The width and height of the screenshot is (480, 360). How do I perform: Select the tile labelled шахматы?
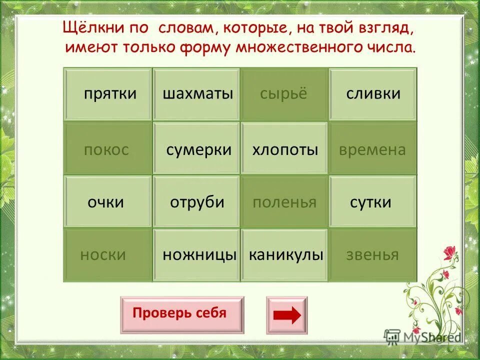coord(196,94)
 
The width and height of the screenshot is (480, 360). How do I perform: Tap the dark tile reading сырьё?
coord(284,94)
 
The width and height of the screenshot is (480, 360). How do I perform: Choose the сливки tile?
coord(372,94)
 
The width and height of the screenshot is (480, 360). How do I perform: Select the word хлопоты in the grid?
coord(284,149)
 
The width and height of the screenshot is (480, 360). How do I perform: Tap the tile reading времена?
coord(372,149)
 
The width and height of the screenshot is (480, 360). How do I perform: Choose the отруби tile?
coord(196,202)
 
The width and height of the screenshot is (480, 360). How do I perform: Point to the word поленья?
coord(284,202)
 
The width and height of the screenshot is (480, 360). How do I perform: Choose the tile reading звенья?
coord(372,255)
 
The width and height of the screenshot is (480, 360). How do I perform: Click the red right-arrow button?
coord(287,315)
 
